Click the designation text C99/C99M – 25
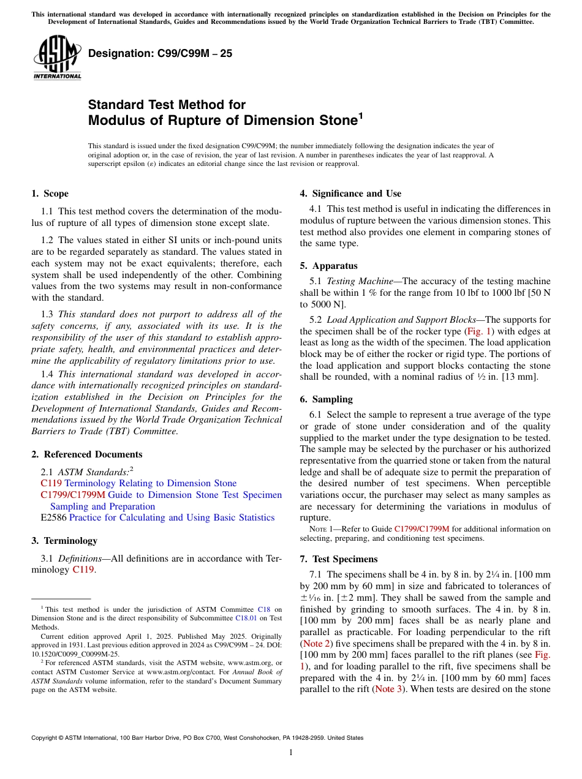(161, 53)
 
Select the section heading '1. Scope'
(50, 194)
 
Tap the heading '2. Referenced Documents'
(87, 454)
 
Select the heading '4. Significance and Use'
(350, 194)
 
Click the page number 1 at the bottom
(291, 752)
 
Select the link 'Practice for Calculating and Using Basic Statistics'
(172, 517)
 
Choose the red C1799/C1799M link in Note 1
(421, 529)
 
